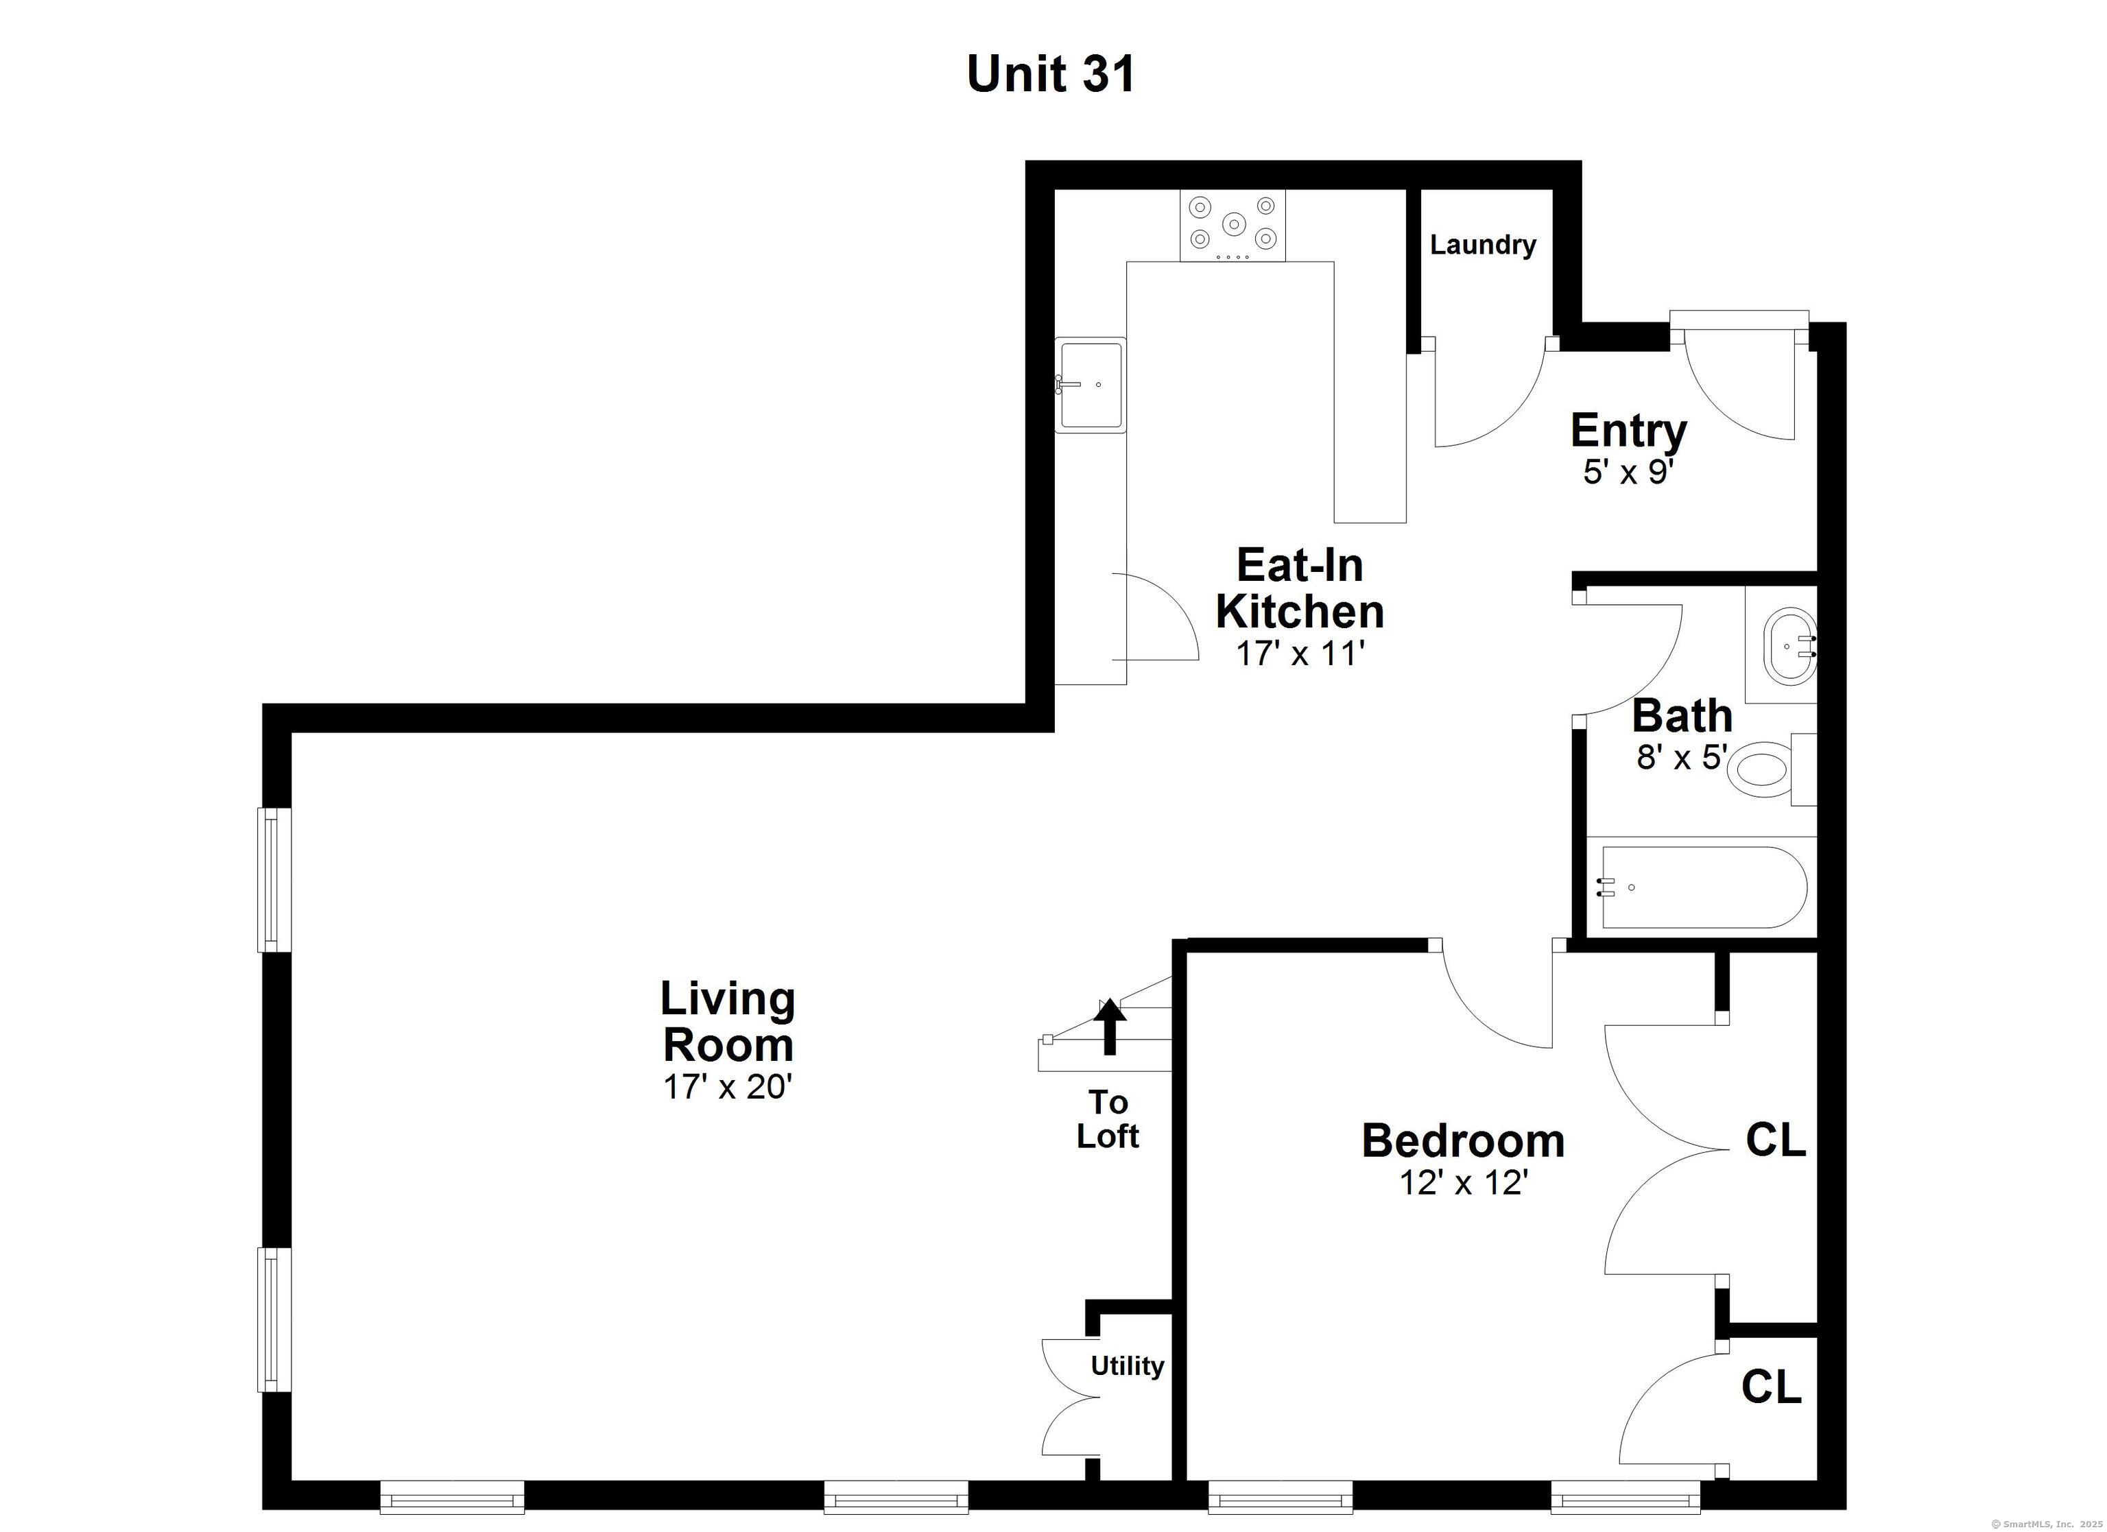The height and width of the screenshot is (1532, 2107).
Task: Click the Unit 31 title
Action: click(1051, 73)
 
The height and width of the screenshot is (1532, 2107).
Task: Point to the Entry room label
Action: click(1628, 430)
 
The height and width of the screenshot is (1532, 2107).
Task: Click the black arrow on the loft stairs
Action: click(1108, 1029)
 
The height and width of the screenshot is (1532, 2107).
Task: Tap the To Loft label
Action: click(1108, 1118)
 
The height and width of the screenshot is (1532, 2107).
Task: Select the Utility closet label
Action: click(1127, 1365)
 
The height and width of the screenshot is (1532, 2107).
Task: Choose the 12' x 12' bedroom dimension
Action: click(1464, 1183)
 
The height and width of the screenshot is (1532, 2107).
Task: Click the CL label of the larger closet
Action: click(1775, 1140)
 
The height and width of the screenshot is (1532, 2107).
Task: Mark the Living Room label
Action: click(728, 1022)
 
